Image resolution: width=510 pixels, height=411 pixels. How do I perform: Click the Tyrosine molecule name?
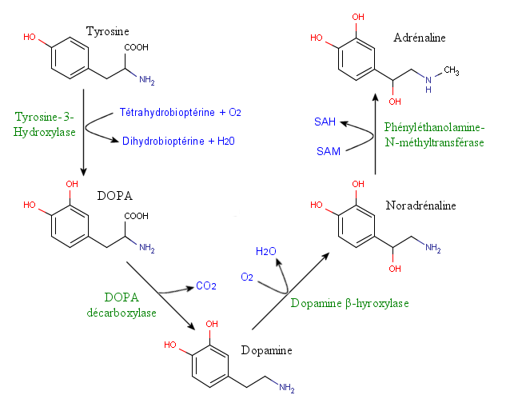(x=108, y=30)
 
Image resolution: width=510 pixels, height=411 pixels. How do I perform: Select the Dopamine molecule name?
(x=266, y=350)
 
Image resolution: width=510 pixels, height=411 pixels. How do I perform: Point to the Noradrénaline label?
(x=420, y=205)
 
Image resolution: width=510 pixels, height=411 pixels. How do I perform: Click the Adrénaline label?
(x=419, y=38)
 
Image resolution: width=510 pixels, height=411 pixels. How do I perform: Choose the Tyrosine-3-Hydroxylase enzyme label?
(x=44, y=124)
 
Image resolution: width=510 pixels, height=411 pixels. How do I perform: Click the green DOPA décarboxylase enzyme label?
(x=122, y=305)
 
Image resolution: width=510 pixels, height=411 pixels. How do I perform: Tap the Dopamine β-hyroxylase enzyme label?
(x=349, y=303)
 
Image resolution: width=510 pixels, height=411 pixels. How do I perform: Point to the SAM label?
(x=329, y=150)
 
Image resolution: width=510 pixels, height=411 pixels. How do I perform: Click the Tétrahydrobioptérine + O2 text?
(x=180, y=112)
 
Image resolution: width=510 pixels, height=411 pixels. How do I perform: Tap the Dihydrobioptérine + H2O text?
(x=179, y=142)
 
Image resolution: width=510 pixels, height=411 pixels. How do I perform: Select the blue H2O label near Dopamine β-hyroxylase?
(x=266, y=251)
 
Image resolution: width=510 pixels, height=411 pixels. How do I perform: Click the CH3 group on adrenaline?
(x=451, y=71)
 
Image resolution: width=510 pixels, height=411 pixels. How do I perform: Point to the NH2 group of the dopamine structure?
(x=286, y=389)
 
